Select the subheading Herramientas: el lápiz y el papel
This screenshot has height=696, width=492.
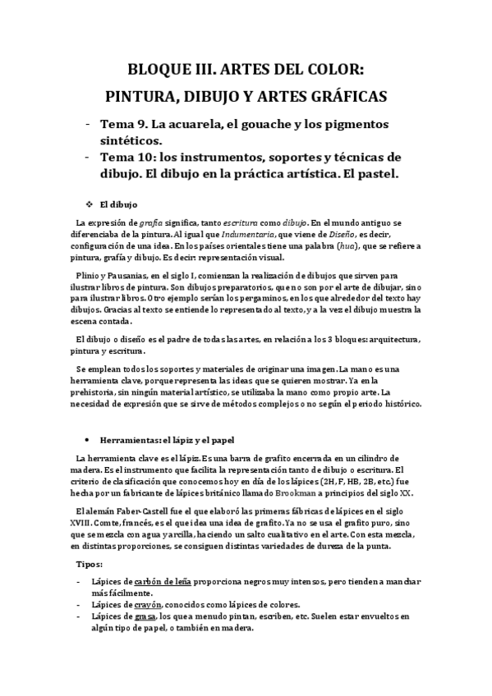(x=161, y=440)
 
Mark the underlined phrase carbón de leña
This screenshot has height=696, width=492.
(x=164, y=582)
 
